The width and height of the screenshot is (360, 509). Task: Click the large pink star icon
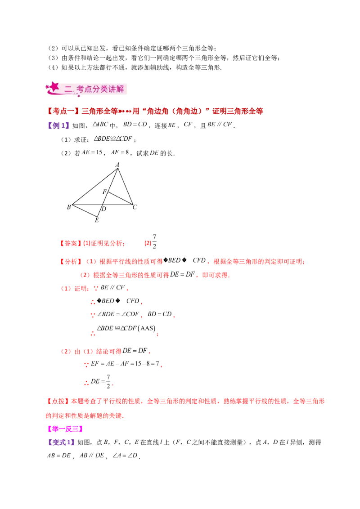54,86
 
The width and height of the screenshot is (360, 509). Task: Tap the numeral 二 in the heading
68,89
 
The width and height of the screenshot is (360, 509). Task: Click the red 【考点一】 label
57,111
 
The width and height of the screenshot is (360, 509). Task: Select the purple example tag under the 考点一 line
59,125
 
